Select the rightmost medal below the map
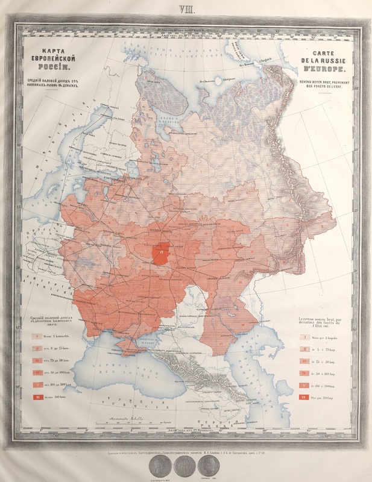tap(208, 466)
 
